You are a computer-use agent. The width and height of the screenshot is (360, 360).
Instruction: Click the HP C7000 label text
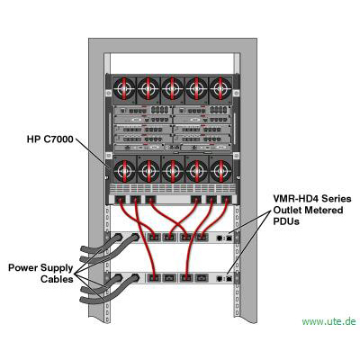pyautogui.click(x=49, y=139)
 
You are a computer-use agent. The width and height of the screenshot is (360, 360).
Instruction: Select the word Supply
pyautogui.click(x=57, y=268)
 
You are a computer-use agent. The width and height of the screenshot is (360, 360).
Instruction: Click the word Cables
pyautogui.click(x=57, y=279)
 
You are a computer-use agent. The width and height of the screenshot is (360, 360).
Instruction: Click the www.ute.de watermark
pyautogui.click(x=329, y=321)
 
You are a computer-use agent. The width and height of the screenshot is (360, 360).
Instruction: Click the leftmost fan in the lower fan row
pyautogui.click(x=124, y=170)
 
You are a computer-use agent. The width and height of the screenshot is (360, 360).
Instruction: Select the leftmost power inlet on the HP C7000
pyautogui.click(x=121, y=199)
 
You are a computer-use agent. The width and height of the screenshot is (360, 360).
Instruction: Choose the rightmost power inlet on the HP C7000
pyautogui.click(x=226, y=199)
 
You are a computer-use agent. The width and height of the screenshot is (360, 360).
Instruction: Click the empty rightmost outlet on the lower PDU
pyautogui.click(x=201, y=278)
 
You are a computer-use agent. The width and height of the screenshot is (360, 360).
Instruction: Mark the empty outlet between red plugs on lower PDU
pyautogui.click(x=169, y=278)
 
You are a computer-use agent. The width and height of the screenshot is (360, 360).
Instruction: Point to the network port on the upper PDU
pyautogui.click(x=229, y=238)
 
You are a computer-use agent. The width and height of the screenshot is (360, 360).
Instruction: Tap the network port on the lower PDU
pyautogui.click(x=229, y=278)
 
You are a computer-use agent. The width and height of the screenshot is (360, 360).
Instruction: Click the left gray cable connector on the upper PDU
pyautogui.click(x=118, y=238)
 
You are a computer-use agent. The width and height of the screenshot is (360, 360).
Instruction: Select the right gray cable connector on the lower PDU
pyautogui.click(x=136, y=278)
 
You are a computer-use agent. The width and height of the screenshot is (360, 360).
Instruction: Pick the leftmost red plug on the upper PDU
pyautogui.click(x=154, y=238)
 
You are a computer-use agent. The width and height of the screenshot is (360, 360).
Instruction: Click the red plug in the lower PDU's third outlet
pyautogui.click(x=186, y=278)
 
